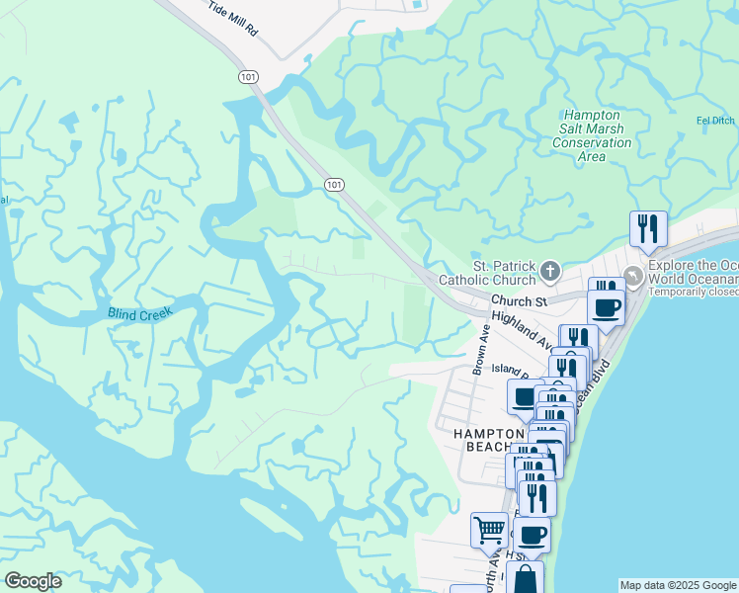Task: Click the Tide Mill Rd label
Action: coord(234,19)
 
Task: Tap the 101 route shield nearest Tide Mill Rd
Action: coord(245,76)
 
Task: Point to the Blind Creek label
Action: coord(140,313)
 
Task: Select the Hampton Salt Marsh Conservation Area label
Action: coord(592,129)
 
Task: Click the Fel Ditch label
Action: coord(716,122)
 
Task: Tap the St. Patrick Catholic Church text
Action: coord(502,273)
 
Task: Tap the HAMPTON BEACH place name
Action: coord(489,440)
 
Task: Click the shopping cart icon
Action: coord(489,530)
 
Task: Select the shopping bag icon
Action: coord(525,577)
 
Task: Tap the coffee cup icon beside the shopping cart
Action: coord(532,535)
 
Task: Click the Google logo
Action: coord(34,580)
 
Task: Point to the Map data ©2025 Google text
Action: coord(677,585)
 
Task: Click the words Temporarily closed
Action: coord(694,293)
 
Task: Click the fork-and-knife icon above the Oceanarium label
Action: coord(648,228)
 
